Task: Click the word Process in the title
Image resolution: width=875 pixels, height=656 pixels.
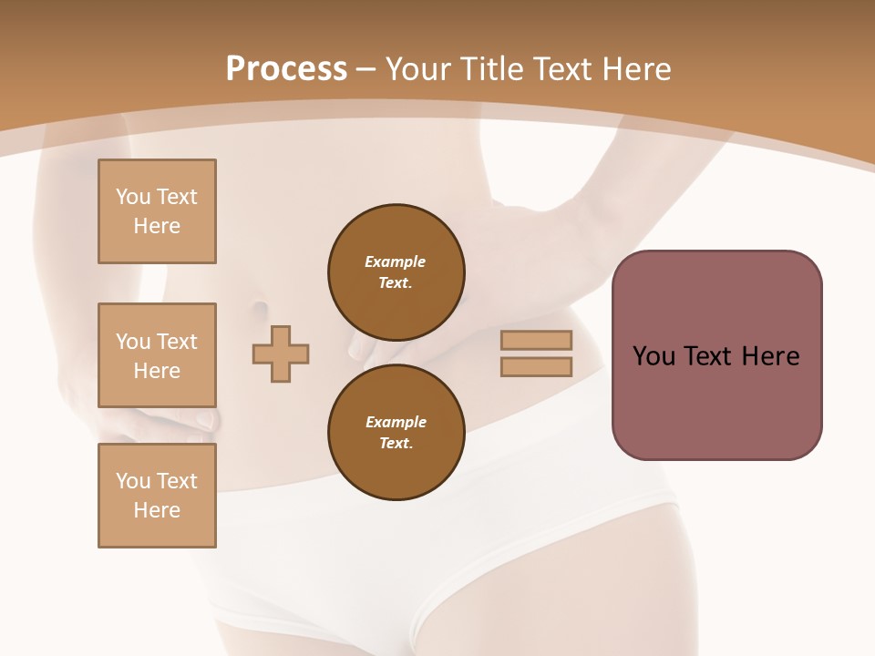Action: pyautogui.click(x=286, y=69)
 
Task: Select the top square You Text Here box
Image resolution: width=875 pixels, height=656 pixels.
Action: pyautogui.click(x=157, y=211)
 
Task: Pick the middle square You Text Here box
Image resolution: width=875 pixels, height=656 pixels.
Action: pyautogui.click(x=157, y=355)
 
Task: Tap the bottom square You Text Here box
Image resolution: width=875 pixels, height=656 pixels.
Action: pyautogui.click(x=157, y=496)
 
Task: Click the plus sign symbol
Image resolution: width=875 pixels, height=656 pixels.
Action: pyautogui.click(x=281, y=354)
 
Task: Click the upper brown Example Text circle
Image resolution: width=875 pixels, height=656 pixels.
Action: pyautogui.click(x=396, y=272)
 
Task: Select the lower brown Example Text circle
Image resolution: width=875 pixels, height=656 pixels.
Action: pyautogui.click(x=396, y=433)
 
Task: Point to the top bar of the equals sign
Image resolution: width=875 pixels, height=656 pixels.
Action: pyautogui.click(x=536, y=341)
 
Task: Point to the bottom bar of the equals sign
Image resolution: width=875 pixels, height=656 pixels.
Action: pyautogui.click(x=536, y=367)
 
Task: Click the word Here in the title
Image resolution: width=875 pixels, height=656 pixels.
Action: pyautogui.click(x=634, y=69)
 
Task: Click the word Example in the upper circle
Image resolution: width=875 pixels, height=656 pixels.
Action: pyautogui.click(x=396, y=261)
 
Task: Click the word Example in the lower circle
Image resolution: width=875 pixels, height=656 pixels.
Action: pyautogui.click(x=396, y=422)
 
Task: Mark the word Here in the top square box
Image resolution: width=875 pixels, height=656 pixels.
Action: pyautogui.click(x=157, y=226)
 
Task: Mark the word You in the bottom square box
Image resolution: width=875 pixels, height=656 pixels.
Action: pyautogui.click(x=133, y=481)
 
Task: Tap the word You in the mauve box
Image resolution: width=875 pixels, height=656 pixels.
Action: pyautogui.click(x=653, y=356)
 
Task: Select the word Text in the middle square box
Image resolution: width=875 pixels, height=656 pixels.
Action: pyautogui.click(x=177, y=342)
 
